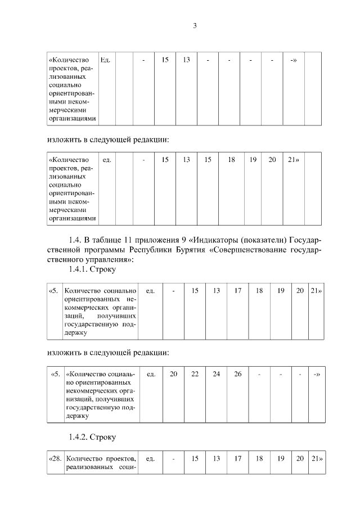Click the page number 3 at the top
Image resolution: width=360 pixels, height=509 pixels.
195,25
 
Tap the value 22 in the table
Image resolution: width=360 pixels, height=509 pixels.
195,374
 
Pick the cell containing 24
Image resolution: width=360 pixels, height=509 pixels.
217,374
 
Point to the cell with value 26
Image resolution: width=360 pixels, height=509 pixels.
238,374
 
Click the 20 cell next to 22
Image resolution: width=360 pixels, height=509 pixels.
173,374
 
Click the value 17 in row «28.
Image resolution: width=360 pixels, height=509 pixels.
238,459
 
